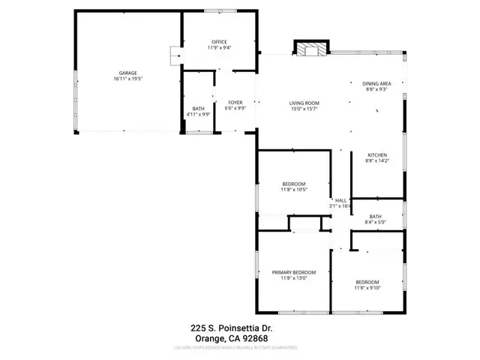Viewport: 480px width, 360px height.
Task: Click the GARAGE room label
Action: pos(127,73)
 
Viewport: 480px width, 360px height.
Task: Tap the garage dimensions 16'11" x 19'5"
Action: pos(127,79)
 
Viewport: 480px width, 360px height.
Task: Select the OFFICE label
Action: pos(219,41)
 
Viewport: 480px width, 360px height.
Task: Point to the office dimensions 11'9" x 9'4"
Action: pos(219,47)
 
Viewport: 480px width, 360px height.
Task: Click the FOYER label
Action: pos(235,102)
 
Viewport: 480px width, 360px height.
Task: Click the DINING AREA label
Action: pos(377,83)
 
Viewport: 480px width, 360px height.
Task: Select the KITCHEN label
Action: pos(376,154)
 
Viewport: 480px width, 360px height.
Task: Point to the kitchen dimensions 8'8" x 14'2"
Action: pos(376,160)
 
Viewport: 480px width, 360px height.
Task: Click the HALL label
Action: pos(340,200)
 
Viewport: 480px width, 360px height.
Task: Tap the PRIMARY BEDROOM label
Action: pos(294,272)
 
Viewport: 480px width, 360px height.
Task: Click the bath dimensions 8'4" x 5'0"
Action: pos(376,222)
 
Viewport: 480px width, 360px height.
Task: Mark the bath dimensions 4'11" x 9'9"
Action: pos(199,115)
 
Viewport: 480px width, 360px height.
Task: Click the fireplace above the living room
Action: pos(310,49)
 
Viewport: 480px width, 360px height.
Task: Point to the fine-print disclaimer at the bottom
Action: pos(235,348)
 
